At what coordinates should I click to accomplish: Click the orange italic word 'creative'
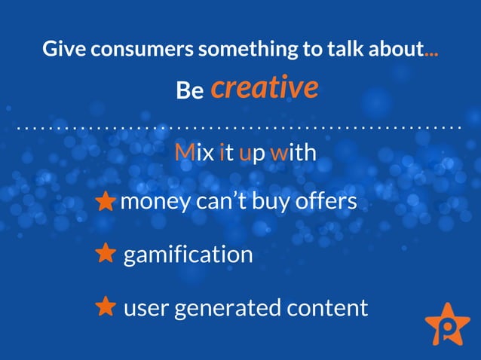point(264,88)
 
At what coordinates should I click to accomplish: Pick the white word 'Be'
point(190,91)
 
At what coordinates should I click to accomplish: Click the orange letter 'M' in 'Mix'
point(183,153)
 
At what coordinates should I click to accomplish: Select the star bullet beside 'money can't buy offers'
point(106,203)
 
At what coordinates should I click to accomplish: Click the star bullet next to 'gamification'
point(106,254)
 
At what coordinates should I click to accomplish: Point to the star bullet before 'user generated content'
point(106,307)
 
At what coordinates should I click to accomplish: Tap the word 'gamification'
point(188,255)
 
